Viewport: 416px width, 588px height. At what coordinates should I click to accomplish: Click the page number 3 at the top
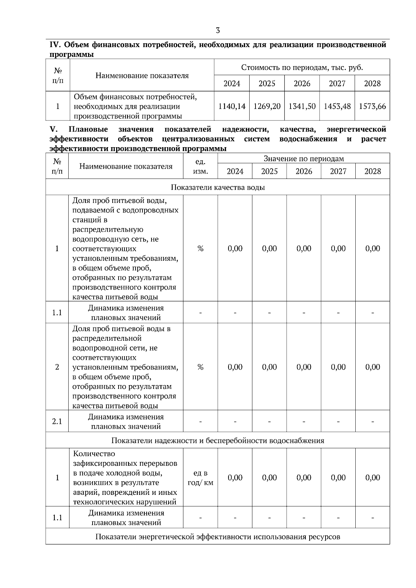pyautogui.click(x=218, y=30)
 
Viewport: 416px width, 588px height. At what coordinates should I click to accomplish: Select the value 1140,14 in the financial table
pyautogui.click(x=232, y=106)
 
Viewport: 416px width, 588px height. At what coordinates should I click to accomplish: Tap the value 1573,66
pyautogui.click(x=372, y=106)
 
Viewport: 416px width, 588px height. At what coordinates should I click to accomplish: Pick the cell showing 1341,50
pyautogui.click(x=302, y=106)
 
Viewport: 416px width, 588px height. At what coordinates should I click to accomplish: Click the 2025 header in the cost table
pyautogui.click(x=267, y=83)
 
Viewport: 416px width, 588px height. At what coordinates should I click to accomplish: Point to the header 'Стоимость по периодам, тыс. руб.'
pyautogui.click(x=302, y=68)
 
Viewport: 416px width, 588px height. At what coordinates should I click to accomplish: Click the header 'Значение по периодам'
pyautogui.click(x=304, y=159)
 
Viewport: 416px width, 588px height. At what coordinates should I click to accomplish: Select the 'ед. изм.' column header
pyautogui.click(x=200, y=167)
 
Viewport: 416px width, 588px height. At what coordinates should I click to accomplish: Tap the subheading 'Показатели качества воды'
pyautogui.click(x=218, y=187)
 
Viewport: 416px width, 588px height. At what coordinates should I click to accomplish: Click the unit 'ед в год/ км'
pyautogui.click(x=200, y=478)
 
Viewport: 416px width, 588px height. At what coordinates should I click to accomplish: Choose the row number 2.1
pyautogui.click(x=57, y=421)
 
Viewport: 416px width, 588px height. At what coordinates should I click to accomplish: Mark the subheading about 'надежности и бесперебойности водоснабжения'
pyautogui.click(x=218, y=440)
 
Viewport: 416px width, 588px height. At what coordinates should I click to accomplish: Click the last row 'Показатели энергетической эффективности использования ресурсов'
pyautogui.click(x=218, y=537)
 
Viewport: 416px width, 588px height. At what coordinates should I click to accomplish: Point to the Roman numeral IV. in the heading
pyautogui.click(x=55, y=45)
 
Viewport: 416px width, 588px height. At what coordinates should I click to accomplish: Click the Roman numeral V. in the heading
pyautogui.click(x=53, y=130)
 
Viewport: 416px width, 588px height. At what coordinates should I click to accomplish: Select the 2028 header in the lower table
pyautogui.click(x=372, y=171)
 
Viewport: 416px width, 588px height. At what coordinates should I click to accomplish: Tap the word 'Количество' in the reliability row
pyautogui.click(x=94, y=454)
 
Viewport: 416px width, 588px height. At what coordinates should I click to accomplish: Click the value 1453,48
pyautogui.click(x=337, y=106)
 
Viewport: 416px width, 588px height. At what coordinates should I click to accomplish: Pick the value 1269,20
pyautogui.click(x=267, y=106)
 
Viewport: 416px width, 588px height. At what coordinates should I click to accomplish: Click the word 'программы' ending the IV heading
pyautogui.click(x=72, y=55)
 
